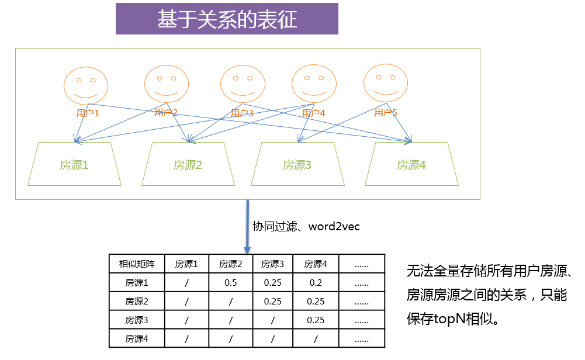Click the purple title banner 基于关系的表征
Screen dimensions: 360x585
point(227,19)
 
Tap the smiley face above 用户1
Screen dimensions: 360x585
point(86,85)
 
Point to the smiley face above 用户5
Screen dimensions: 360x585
point(386,82)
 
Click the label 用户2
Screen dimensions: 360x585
point(166,112)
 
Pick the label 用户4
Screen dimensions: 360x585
point(314,113)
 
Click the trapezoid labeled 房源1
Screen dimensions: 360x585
point(74,165)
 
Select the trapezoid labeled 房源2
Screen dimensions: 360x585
point(188,165)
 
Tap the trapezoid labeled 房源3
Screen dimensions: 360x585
point(297,165)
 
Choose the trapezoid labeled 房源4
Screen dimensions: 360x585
point(411,165)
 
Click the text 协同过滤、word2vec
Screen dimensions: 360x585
point(306,226)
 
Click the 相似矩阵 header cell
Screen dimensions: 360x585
point(137,264)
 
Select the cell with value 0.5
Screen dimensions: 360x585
point(230,283)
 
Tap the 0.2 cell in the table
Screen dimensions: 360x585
point(316,283)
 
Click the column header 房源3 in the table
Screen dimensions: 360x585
point(273,264)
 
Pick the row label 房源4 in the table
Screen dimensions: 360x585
point(137,338)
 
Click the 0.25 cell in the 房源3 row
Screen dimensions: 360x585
point(316,320)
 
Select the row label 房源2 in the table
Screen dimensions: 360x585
point(137,302)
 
